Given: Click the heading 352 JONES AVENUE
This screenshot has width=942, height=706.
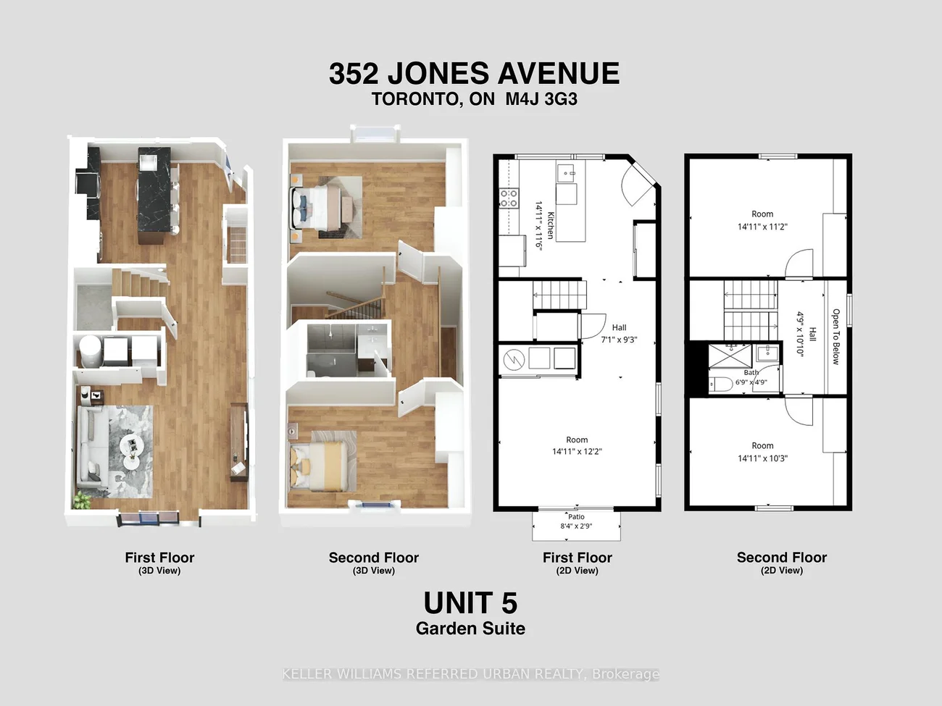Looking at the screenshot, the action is [x=474, y=73].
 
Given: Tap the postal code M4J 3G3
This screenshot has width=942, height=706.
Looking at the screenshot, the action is [x=541, y=99].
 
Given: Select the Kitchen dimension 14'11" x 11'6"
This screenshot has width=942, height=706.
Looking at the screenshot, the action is [x=539, y=225].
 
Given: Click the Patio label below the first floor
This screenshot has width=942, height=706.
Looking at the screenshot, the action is [x=576, y=516].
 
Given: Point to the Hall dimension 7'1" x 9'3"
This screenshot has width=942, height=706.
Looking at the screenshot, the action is [x=619, y=340].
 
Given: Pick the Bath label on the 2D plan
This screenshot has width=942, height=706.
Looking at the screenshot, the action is [x=751, y=372].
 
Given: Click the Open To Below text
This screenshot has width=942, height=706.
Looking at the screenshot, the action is [x=835, y=337].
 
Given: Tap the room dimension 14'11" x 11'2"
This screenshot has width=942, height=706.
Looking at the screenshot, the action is [x=762, y=227].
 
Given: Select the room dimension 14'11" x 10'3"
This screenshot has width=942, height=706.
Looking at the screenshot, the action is [x=762, y=458].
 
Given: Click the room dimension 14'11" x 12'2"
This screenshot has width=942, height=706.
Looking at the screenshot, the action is [x=577, y=451].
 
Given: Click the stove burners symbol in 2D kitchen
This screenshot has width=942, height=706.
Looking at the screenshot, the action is [x=509, y=198].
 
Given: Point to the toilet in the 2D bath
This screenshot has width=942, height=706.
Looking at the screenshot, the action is [x=720, y=384].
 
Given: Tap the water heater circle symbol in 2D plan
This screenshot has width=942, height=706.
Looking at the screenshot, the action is [x=514, y=358].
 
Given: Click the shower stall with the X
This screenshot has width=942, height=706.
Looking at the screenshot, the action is [x=730, y=356].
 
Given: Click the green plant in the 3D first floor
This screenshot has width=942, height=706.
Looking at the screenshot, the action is [x=82, y=500].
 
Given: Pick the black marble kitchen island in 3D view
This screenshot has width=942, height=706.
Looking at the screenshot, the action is [x=154, y=196].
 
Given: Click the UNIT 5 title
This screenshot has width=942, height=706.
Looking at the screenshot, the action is [x=470, y=602].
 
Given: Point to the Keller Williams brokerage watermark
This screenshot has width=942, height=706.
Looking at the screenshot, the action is [x=471, y=674].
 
